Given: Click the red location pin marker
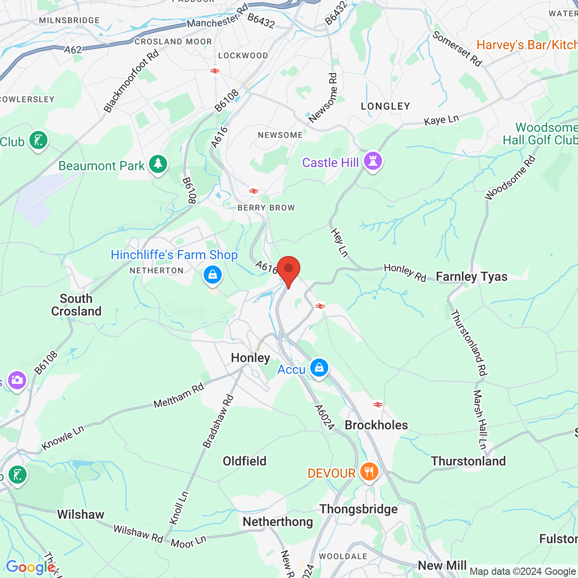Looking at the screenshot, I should pos(289,270).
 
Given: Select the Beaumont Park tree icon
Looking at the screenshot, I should pos(158,164).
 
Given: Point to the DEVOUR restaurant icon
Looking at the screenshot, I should pos(369,472).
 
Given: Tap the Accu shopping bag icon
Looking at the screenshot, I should pos(319,368).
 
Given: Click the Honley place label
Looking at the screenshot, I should pos(250,358).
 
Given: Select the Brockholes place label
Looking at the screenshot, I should pos(376,425).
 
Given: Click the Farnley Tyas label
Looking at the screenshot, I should pos(471,277).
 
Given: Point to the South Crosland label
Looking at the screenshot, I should pos(76,305).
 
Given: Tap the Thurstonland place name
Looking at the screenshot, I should pos(468,461).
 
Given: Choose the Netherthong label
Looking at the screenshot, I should pos(278,522).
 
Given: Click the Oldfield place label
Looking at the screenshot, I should pos(245,461).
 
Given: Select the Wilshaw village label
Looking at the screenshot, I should pos(81,514).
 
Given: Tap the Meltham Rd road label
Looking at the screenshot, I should pos(179,396).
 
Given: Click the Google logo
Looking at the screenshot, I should pos(31,567).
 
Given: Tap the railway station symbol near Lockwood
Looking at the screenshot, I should pos(215,71).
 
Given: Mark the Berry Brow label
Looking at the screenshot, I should pos(266,208).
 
